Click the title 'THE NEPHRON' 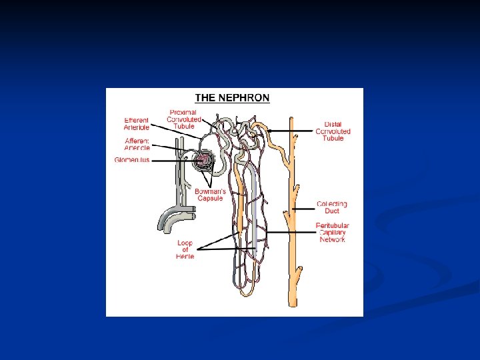232,97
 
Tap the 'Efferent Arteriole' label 136,123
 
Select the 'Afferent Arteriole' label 137,144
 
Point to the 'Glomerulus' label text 132,161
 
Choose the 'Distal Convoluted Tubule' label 333,131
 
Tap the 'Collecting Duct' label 331,207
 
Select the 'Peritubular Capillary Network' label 332,233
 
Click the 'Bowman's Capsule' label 211,195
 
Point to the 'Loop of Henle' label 185,250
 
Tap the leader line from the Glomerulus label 170,161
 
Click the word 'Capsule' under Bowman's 211,199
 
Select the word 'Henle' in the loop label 185,257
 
